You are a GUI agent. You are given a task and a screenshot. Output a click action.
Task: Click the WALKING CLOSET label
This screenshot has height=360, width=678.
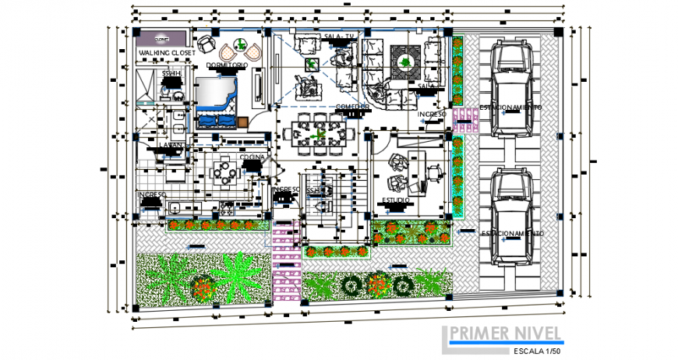(x=166, y=52)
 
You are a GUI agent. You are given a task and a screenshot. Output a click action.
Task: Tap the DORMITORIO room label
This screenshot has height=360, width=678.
(x=227, y=65)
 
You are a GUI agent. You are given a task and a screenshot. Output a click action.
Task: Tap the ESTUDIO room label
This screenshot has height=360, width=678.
(x=397, y=201)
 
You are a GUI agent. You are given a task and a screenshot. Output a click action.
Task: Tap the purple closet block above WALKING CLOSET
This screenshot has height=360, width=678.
(x=162, y=37)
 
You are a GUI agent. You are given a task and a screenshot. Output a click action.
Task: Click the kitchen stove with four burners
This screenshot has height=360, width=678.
(x=228, y=207)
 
